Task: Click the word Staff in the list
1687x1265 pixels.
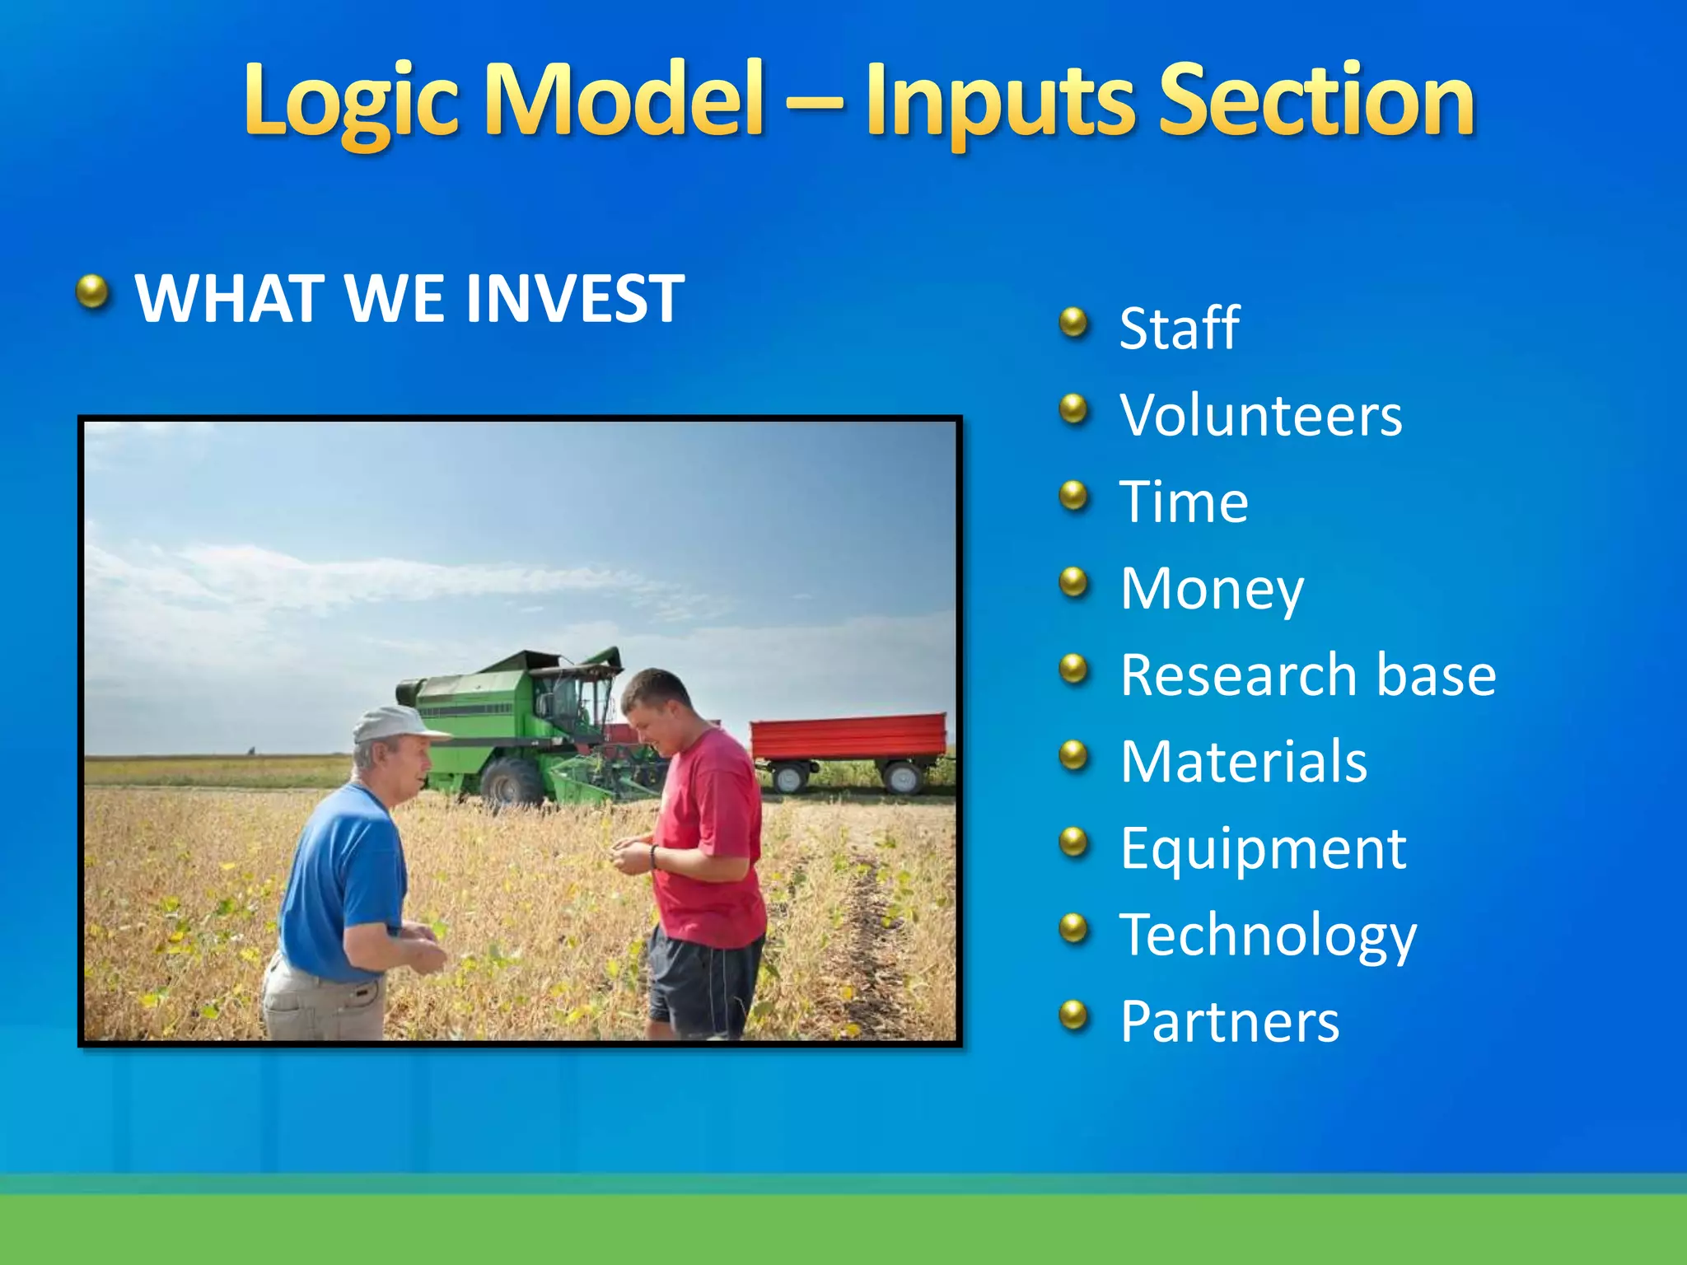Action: [x=1180, y=328]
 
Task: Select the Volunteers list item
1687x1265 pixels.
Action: [x=1261, y=415]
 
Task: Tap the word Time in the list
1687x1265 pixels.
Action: [x=1184, y=502]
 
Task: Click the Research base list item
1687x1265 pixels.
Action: [x=1308, y=675]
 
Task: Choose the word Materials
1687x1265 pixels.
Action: [x=1244, y=761]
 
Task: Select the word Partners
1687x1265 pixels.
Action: [x=1230, y=1021]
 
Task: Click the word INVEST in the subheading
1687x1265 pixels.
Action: [x=575, y=297]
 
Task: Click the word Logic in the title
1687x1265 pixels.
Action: [x=352, y=102]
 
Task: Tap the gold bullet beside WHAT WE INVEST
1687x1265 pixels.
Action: [x=92, y=292]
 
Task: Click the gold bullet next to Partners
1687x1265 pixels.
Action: [x=1073, y=1015]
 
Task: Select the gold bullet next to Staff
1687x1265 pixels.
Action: [x=1073, y=322]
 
